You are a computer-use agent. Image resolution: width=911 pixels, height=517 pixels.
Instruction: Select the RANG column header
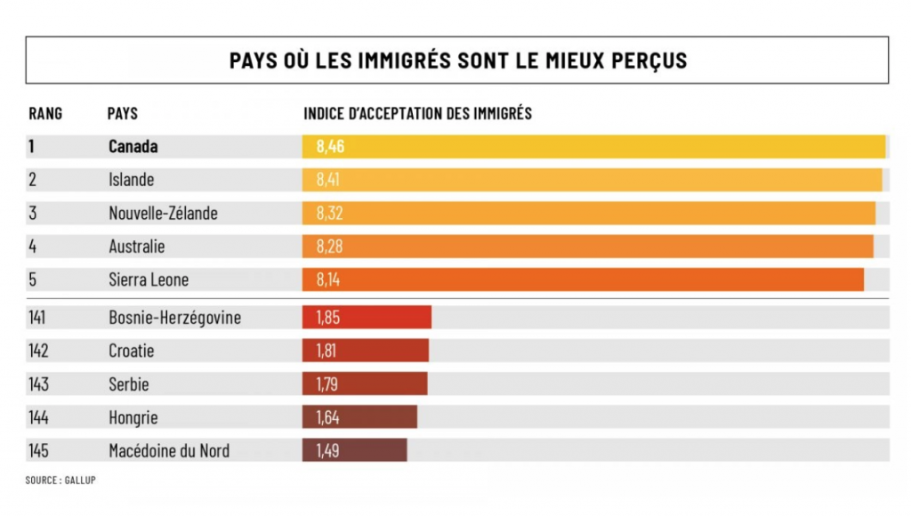point(45,114)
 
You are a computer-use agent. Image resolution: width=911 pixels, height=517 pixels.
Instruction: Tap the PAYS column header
point(122,114)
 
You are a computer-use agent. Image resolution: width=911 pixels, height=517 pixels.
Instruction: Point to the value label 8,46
point(330,146)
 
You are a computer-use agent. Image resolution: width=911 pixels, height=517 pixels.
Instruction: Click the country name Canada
point(133,146)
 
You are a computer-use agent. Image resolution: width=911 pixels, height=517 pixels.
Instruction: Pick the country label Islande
point(131,180)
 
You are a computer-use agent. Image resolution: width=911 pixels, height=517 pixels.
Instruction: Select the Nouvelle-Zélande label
point(163,214)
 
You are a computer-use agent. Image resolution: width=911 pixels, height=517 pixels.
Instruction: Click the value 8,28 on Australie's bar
point(329,246)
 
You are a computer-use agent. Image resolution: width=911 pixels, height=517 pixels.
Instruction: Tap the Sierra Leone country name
point(149,280)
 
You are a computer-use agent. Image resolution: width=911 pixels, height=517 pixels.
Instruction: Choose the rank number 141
point(38,318)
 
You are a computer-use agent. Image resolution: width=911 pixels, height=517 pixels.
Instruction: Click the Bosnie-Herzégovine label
point(174,318)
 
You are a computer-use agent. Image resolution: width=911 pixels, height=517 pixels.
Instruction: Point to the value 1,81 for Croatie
point(327,351)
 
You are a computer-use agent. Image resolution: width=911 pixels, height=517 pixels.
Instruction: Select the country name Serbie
point(129,384)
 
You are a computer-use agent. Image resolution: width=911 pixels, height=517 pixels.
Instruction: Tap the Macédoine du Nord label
point(169,451)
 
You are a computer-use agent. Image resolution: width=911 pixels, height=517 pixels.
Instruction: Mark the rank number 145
point(39,451)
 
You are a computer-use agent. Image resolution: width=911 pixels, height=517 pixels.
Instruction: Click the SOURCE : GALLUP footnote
point(60,480)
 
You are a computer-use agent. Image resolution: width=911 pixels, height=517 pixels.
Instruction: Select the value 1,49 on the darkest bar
point(327,451)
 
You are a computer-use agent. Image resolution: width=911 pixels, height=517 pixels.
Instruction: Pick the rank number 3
point(33,214)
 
